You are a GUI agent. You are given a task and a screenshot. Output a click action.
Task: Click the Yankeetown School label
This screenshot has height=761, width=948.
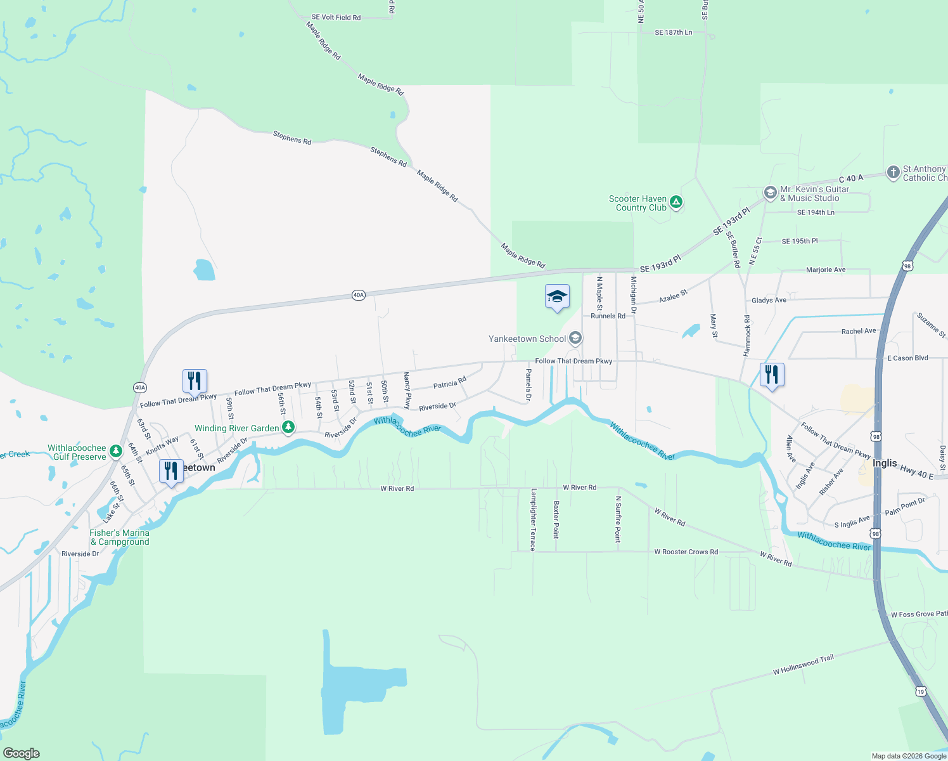tap(527, 339)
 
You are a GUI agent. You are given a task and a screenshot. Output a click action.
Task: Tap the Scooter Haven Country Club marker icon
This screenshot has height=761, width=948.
tap(676, 203)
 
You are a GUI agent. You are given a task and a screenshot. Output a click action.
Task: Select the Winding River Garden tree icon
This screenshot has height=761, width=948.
tap(288, 427)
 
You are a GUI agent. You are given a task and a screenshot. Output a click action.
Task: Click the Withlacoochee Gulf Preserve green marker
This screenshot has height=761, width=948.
tap(115, 451)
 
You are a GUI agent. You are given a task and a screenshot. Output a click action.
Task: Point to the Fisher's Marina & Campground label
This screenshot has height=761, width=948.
tap(120, 537)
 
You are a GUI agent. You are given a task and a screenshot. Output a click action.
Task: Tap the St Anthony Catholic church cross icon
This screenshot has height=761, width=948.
tap(893, 172)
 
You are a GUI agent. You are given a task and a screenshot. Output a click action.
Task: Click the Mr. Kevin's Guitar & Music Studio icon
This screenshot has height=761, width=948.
tap(770, 193)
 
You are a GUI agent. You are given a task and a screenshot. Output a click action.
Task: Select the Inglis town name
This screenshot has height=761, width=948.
tap(885, 463)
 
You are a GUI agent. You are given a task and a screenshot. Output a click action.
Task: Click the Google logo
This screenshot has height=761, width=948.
tap(22, 753)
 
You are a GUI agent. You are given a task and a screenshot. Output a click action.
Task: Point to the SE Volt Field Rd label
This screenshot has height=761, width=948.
tap(336, 17)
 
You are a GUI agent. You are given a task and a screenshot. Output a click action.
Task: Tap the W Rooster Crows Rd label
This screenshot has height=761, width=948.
tap(686, 552)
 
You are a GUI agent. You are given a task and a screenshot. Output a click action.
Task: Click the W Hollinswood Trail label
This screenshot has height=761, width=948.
tap(804, 665)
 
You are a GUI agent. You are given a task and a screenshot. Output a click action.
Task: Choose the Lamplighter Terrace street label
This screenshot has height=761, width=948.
tap(534, 519)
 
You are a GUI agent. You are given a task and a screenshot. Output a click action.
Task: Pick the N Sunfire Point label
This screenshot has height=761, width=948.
tap(618, 519)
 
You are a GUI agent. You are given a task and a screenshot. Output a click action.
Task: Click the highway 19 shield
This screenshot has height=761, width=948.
tap(920, 691)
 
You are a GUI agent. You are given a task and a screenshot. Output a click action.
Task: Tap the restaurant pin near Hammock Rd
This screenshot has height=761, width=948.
tap(771, 374)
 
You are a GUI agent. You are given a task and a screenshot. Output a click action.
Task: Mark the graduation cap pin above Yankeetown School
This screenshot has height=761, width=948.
tap(557, 296)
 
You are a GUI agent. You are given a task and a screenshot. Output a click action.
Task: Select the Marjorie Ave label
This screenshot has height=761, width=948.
tap(826, 270)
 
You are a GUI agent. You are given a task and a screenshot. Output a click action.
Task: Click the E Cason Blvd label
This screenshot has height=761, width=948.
tap(907, 358)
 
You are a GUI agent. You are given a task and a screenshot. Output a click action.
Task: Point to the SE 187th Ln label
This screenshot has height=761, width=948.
tap(674, 32)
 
